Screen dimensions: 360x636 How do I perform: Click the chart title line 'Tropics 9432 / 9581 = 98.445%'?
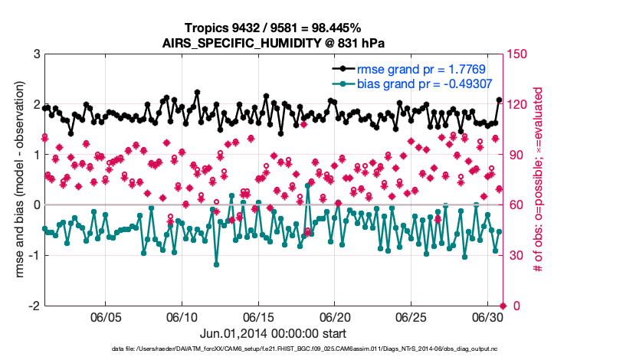tap(273, 28)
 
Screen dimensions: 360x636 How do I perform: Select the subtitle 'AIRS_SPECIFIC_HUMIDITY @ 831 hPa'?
tap(273, 43)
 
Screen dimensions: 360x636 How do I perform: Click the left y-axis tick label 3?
tap(36, 54)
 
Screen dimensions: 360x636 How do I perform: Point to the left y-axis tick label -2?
tap(34, 306)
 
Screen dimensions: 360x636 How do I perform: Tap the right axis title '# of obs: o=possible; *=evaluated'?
tap(539, 180)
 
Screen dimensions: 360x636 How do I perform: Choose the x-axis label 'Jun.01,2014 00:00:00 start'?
tap(273, 334)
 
